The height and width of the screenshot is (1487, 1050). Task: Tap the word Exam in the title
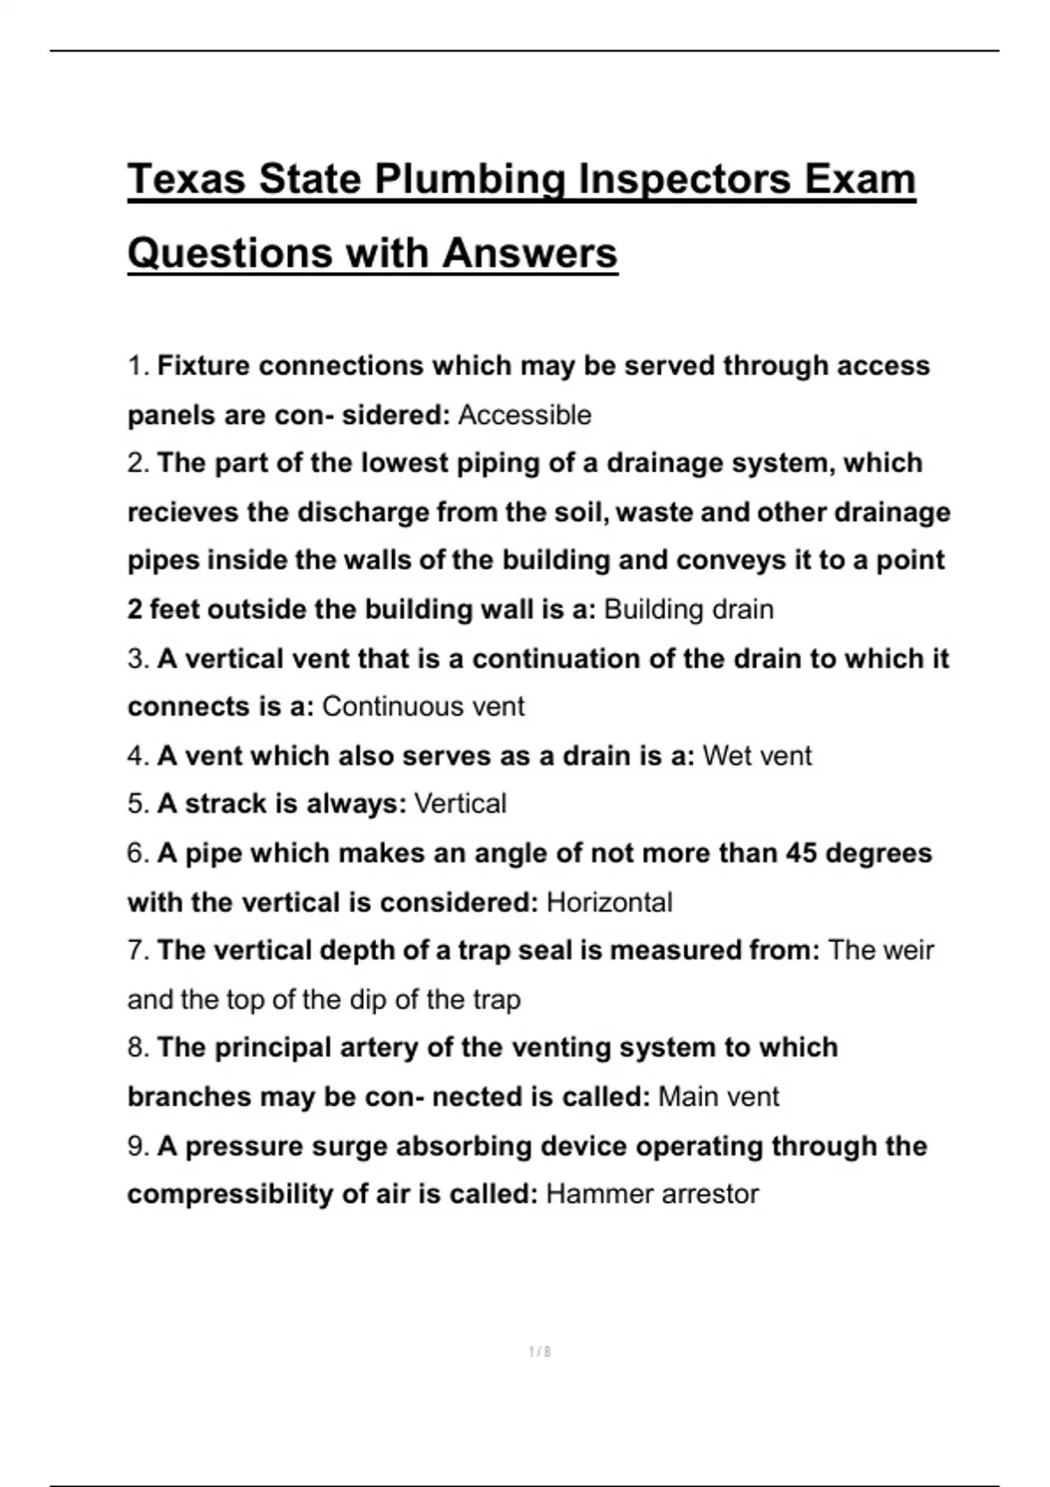858,179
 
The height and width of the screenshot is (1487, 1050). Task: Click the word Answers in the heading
529,254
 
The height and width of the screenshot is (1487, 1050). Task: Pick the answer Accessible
524,415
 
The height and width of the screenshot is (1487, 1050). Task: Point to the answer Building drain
689,609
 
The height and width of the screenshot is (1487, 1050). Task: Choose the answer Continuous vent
423,706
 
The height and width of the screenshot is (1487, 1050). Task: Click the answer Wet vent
757,755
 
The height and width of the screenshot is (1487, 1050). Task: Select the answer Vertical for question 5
459,803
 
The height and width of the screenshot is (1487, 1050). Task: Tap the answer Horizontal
609,902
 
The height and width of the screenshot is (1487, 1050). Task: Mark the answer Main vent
718,1096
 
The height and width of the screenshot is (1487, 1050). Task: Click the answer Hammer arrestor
652,1193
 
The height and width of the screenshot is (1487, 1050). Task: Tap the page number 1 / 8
540,1351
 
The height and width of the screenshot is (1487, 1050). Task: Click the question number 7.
138,950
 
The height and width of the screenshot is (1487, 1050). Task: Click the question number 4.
138,755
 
